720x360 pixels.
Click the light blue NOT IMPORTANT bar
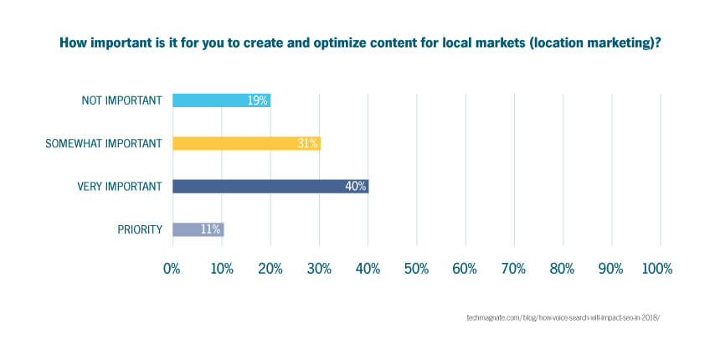click(221, 100)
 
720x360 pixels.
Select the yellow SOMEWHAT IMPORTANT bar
click(247, 143)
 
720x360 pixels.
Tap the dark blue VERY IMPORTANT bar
click(270, 187)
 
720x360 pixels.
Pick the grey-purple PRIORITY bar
click(198, 229)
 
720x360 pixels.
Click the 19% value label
click(257, 100)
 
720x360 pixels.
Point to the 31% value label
click(307, 144)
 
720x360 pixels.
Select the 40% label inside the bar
click(356, 187)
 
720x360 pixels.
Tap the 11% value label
click(210, 229)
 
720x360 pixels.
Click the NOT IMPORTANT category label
click(121, 100)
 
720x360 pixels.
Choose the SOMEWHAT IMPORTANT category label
click(103, 144)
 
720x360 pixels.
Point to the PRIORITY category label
click(140, 229)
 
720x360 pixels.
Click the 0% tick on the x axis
click(172, 269)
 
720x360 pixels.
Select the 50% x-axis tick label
click(416, 269)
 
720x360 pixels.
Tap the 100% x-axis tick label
click(657, 269)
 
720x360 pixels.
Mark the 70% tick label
click(514, 269)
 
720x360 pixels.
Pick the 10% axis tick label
click(222, 269)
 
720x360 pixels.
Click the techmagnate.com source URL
click(563, 317)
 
